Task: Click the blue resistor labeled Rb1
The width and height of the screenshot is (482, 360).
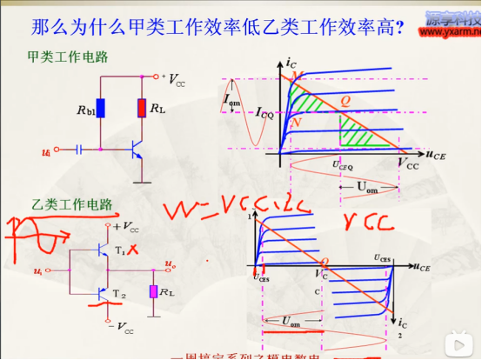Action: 101,109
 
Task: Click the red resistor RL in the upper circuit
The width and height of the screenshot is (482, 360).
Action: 141,109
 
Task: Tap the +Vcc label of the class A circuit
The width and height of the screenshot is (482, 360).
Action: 173,79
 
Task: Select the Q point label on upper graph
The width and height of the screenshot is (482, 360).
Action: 345,101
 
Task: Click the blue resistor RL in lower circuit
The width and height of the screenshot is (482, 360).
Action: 153,291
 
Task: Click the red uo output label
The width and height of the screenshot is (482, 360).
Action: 171,262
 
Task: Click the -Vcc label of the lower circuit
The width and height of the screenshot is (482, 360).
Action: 122,330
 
